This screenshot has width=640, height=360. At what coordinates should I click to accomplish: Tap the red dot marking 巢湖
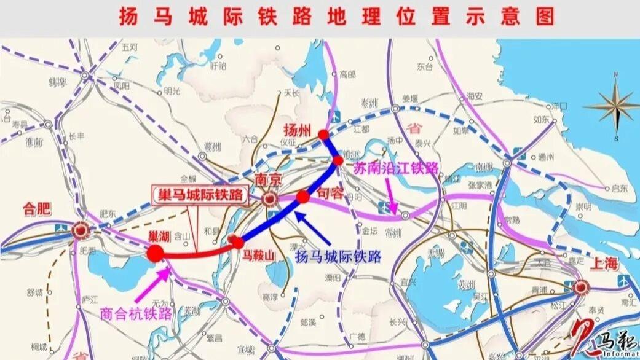click(155, 252)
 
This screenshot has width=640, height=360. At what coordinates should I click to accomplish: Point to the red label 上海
click(603, 264)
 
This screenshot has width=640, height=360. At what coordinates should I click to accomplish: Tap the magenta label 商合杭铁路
click(133, 313)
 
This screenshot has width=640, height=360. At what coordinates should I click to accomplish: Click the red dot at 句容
click(302, 197)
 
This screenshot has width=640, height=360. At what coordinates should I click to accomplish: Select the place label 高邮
click(347, 74)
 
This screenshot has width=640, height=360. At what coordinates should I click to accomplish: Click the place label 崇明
click(583, 206)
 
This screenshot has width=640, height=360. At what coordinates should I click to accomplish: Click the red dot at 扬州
click(323, 134)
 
